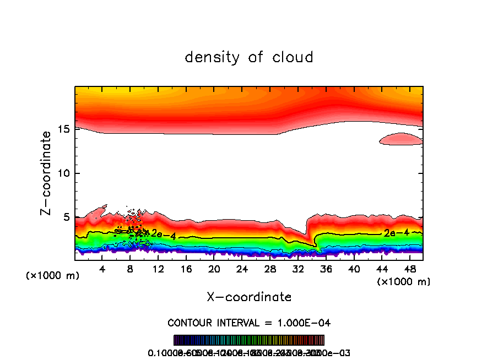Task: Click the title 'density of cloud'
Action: (249, 57)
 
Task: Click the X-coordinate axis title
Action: (249, 297)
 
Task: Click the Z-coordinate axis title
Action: (47, 173)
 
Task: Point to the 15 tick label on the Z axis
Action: (63, 129)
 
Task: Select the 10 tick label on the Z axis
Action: (63, 173)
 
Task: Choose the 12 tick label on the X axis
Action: (158, 269)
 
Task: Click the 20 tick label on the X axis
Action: (214, 269)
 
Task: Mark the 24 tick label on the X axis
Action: (242, 269)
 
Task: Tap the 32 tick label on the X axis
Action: (298, 269)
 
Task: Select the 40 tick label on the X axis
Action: (354, 269)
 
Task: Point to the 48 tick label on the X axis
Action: (410, 269)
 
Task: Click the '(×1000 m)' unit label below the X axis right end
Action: (404, 282)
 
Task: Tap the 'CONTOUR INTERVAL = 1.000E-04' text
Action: (249, 323)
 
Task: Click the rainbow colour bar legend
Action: (249, 340)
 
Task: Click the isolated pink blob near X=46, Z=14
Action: (401, 139)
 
